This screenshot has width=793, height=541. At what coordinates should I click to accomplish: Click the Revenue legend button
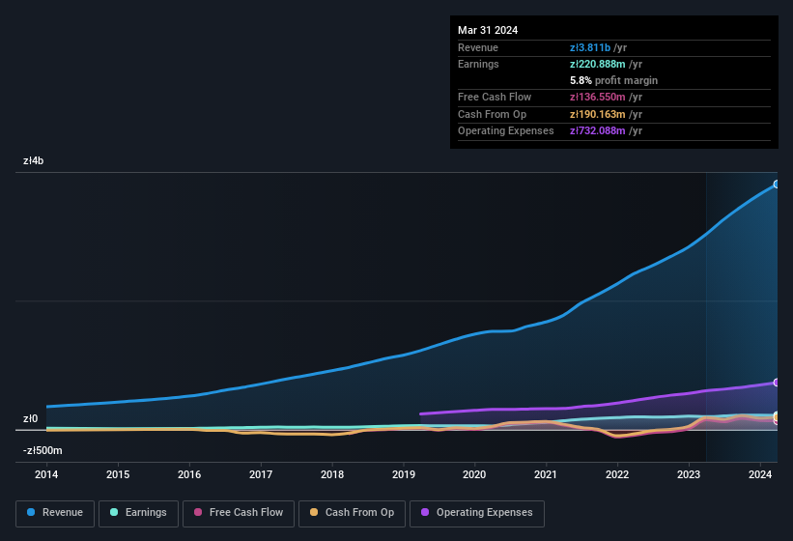pyautogui.click(x=55, y=512)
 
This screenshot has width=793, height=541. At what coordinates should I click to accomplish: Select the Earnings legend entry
pyautogui.click(x=138, y=512)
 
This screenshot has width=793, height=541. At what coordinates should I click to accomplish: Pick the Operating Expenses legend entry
pyautogui.click(x=477, y=512)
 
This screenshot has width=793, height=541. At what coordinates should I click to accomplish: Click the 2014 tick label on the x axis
pyautogui.click(x=46, y=474)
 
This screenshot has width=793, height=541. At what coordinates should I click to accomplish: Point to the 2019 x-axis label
pyautogui.click(x=403, y=474)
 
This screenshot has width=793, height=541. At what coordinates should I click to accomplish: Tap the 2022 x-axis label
pyautogui.click(x=617, y=474)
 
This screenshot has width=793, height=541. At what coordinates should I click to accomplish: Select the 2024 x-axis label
pyautogui.click(x=760, y=474)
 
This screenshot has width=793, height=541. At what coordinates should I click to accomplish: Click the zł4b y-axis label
pyautogui.click(x=34, y=161)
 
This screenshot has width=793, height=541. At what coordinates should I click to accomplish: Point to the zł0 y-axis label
pyautogui.click(x=31, y=419)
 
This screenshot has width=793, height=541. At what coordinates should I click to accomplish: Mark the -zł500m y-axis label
pyautogui.click(x=42, y=451)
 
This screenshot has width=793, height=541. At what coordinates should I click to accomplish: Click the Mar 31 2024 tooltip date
pyautogui.click(x=488, y=30)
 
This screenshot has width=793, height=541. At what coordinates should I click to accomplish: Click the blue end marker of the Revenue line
pyautogui.click(x=777, y=184)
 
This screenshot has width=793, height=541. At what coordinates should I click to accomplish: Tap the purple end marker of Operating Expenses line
pyautogui.click(x=777, y=383)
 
